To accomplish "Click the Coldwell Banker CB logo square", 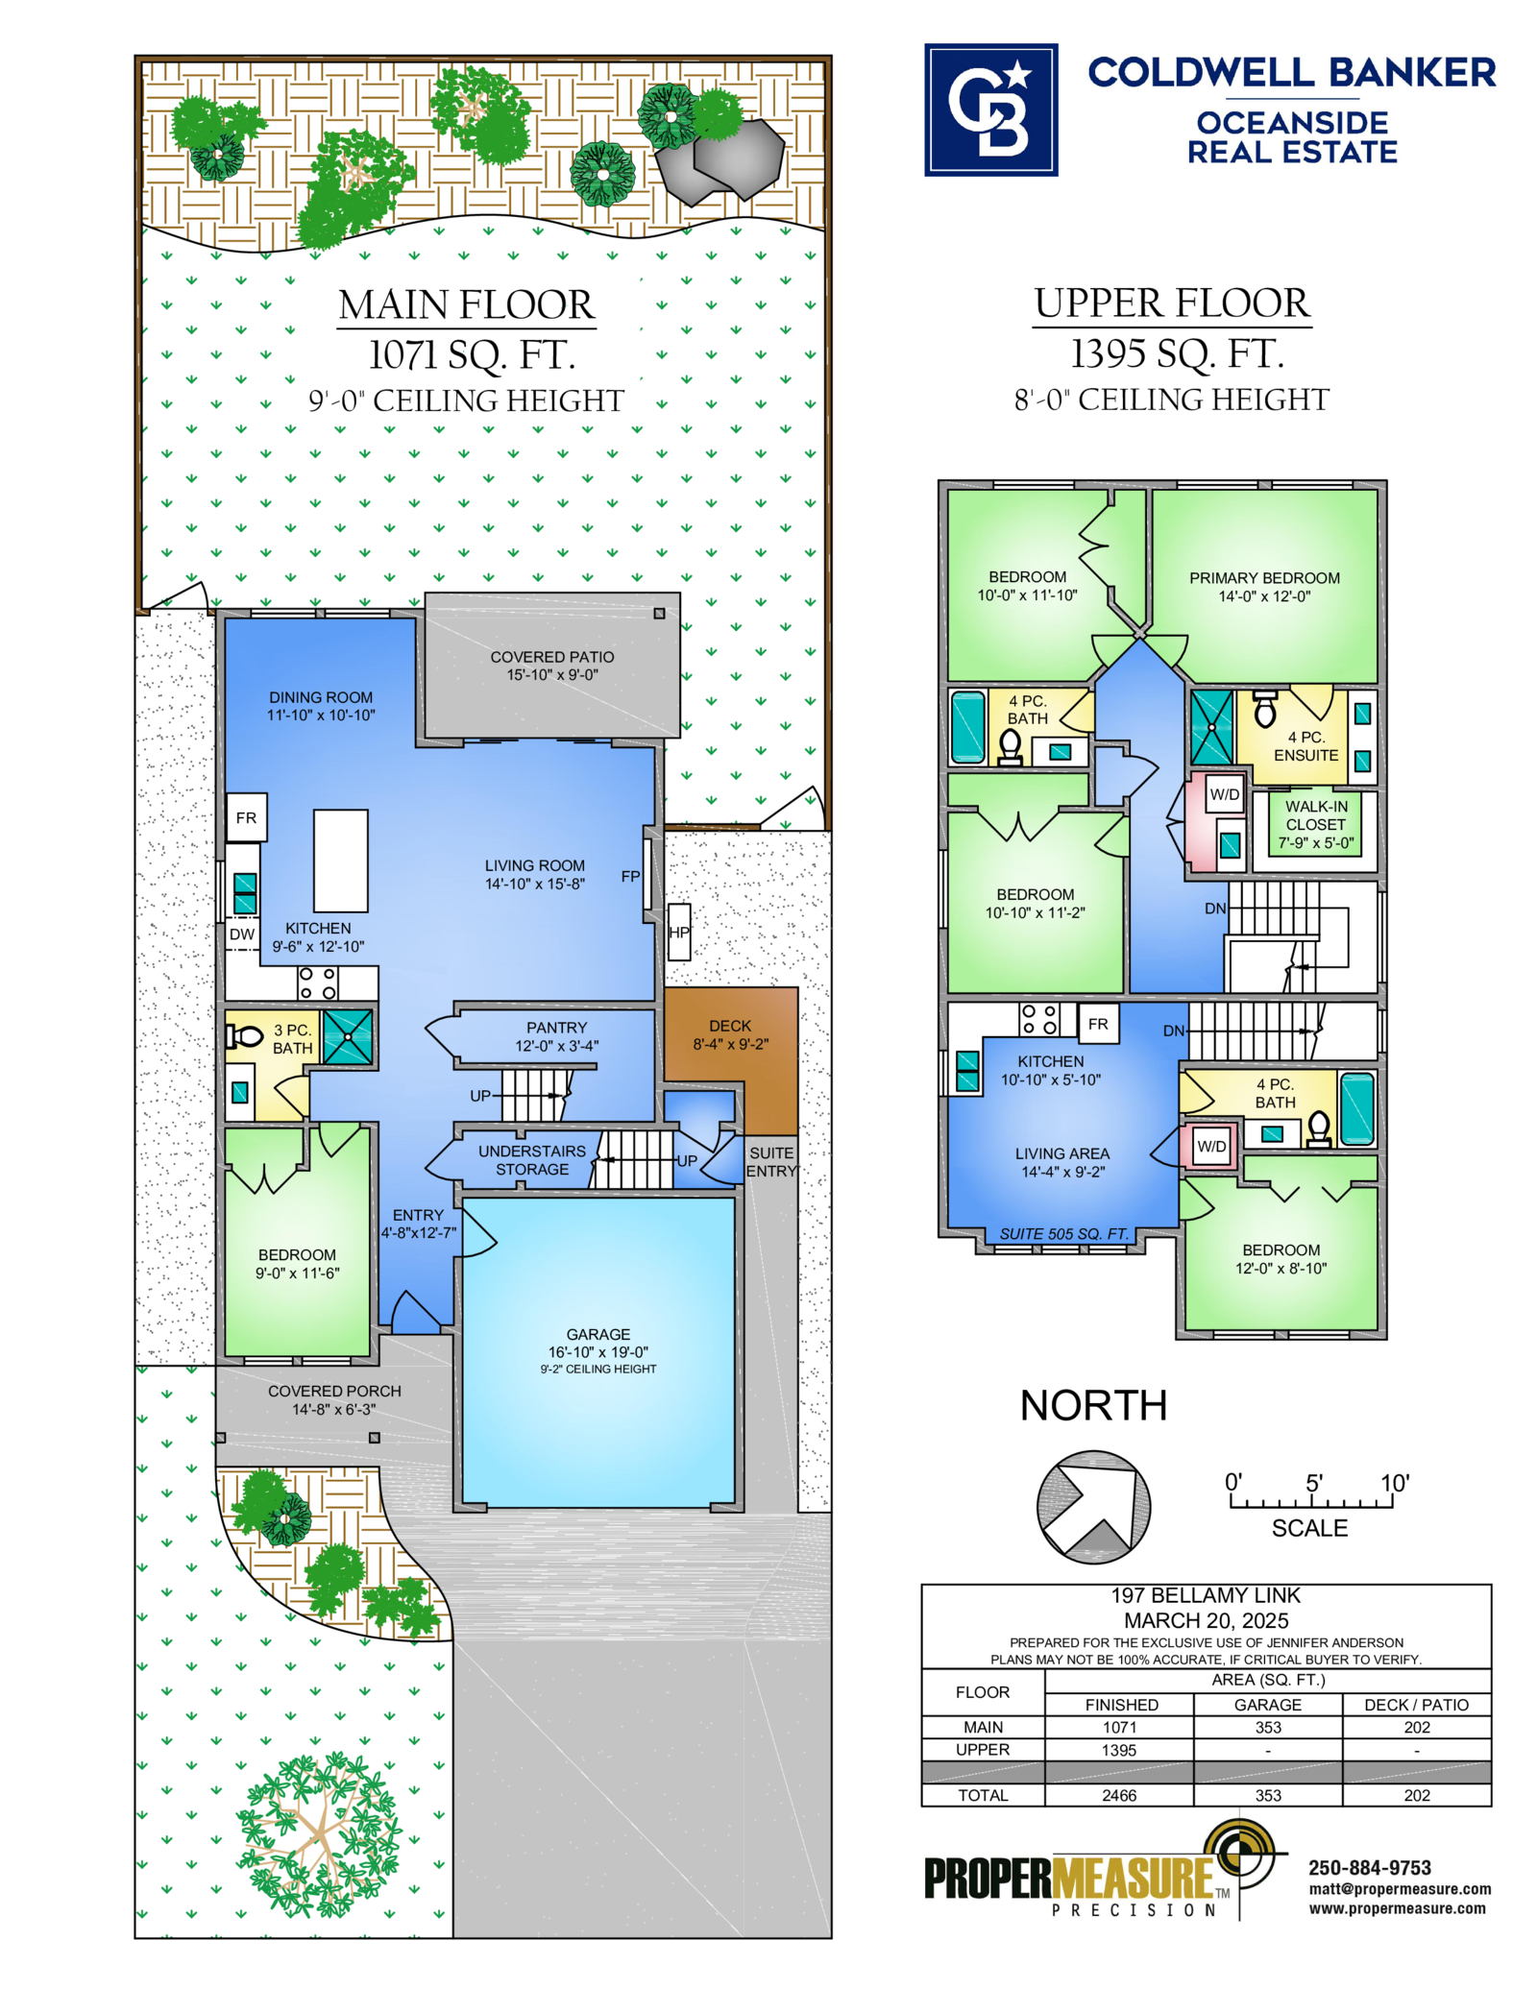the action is [990, 109].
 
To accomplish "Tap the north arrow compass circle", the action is [1093, 1506].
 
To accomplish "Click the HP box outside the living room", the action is [679, 932].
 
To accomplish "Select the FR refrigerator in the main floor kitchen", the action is [247, 817].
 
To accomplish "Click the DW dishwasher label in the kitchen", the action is [242, 934].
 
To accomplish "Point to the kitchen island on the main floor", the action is [341, 860].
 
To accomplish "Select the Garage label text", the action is [598, 1334].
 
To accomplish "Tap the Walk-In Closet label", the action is [1316, 825].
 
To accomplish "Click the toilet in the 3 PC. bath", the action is [244, 1036].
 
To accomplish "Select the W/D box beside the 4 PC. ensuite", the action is [1225, 794].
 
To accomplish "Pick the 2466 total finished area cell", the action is [1119, 1795].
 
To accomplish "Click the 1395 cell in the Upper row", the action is [1119, 1750].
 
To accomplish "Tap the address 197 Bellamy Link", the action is [1206, 1595].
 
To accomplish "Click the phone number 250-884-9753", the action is [1370, 1867].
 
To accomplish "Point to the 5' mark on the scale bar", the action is [1313, 1483].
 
